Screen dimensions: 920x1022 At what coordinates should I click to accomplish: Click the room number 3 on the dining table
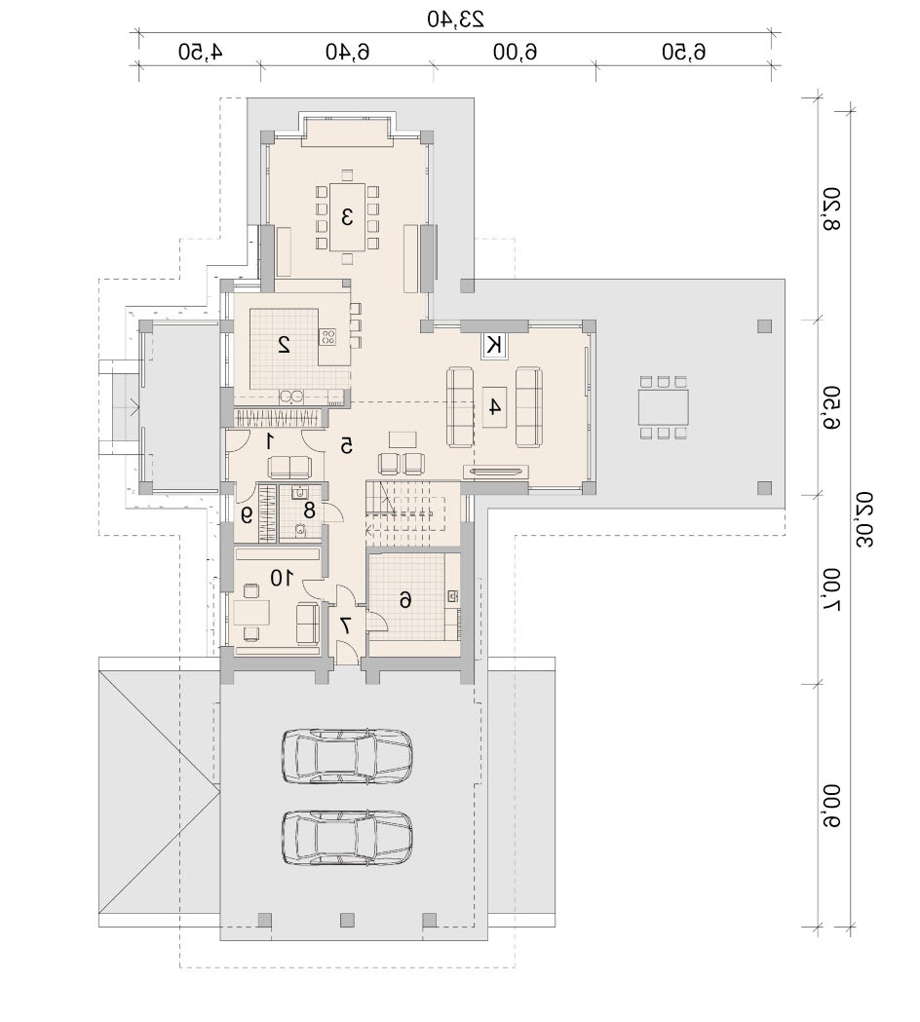click(x=347, y=216)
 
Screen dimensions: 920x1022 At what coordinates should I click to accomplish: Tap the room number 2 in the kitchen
click(x=285, y=344)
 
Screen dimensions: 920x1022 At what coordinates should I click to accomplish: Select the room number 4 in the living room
click(x=494, y=406)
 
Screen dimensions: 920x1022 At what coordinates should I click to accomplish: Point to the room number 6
click(x=404, y=599)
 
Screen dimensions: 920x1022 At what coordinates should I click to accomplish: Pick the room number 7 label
click(x=346, y=625)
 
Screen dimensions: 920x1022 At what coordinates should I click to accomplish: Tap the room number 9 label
click(x=246, y=515)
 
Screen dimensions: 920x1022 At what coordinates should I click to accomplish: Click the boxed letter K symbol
click(x=495, y=344)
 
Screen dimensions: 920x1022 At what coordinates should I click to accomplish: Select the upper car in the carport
click(x=347, y=755)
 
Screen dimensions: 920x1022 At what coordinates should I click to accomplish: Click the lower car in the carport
click(x=347, y=838)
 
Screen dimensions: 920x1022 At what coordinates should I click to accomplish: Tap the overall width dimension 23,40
click(x=456, y=19)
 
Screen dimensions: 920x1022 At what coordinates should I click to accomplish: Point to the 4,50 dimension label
click(x=200, y=52)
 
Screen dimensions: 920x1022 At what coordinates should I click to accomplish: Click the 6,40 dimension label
click(x=348, y=52)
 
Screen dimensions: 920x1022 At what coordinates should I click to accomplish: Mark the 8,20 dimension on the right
click(x=831, y=208)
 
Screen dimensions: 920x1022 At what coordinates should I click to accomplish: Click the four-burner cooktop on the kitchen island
click(x=328, y=337)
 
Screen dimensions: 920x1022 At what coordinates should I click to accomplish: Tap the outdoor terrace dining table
click(x=663, y=407)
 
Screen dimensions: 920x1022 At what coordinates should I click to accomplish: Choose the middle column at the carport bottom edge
click(x=347, y=920)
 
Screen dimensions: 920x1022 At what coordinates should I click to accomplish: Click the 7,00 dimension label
click(x=831, y=588)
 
